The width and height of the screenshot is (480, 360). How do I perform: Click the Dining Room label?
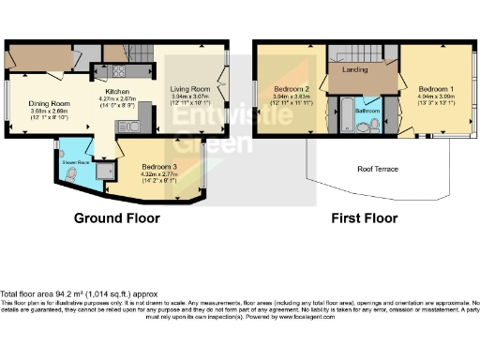pos(50,103)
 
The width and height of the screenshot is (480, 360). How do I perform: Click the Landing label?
pos(356,69)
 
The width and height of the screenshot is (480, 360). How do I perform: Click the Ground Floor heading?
pos(117,218)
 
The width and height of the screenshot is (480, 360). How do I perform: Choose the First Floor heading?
pos(360,218)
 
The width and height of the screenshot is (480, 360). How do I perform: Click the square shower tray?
pos(105,169)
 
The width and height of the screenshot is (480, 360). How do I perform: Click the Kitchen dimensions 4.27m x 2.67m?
pos(118,97)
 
